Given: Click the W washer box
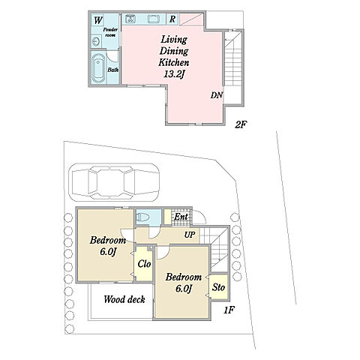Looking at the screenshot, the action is point(97,20).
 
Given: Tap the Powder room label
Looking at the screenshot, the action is point(110,32).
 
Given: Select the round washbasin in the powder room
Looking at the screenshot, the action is point(96,41).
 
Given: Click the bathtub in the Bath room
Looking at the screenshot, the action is point(97,67).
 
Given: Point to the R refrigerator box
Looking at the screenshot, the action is point(172,19).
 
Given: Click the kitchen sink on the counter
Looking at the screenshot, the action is point(154,19).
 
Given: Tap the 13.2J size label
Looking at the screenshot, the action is point(174,74).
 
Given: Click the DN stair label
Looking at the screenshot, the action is point(217,95).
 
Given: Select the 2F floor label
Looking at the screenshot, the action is point(241,124).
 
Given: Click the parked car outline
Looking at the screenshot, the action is point(113,182).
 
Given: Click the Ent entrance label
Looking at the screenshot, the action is point(181,217).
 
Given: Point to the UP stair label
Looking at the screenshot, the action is point(190,235).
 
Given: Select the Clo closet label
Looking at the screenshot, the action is point(144,264).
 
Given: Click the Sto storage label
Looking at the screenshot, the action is point(218,287).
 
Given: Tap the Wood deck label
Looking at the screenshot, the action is point(124,299).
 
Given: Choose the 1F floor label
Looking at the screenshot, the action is point(229,310).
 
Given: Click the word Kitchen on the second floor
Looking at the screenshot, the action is point(174,62).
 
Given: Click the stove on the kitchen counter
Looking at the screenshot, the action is point(130,19).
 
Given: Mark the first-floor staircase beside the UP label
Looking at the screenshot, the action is point(215,247).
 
